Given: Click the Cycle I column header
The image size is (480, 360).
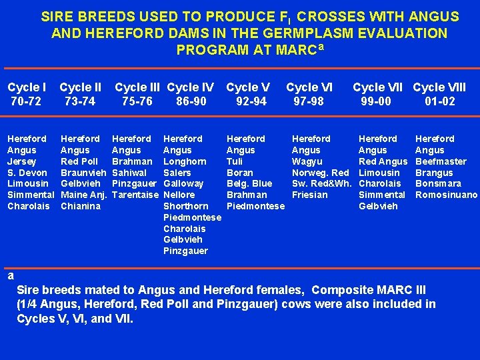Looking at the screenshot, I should (x=27, y=87).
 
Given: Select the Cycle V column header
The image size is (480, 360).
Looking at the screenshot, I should (x=248, y=87).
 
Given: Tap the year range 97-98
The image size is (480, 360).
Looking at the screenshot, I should (x=309, y=101).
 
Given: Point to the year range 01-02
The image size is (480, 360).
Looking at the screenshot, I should (x=440, y=101).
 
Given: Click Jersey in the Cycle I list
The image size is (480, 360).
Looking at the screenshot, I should (x=21, y=161).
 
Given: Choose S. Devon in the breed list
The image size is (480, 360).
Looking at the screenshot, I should (x=27, y=173).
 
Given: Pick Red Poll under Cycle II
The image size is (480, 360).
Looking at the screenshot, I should (x=79, y=161).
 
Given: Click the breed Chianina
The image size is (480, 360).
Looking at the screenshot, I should (x=81, y=206).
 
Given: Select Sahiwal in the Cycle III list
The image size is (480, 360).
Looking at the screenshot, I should (x=129, y=173).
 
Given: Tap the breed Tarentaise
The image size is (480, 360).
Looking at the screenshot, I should (x=135, y=195).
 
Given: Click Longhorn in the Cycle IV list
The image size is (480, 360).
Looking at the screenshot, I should (x=185, y=161).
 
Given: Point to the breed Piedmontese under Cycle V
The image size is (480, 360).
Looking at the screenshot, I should (x=255, y=206).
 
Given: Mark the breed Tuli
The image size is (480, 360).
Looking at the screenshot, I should (x=235, y=161).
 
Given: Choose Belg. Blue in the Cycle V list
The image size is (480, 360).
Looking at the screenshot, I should (x=249, y=183).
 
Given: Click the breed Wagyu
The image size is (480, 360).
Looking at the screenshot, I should (x=307, y=161).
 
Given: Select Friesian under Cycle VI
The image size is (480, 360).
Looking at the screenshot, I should (x=310, y=195).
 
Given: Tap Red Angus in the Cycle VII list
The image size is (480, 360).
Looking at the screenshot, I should (x=383, y=161).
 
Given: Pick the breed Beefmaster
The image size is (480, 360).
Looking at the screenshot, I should (x=441, y=161).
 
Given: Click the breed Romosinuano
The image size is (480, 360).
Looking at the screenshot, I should (x=446, y=195).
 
